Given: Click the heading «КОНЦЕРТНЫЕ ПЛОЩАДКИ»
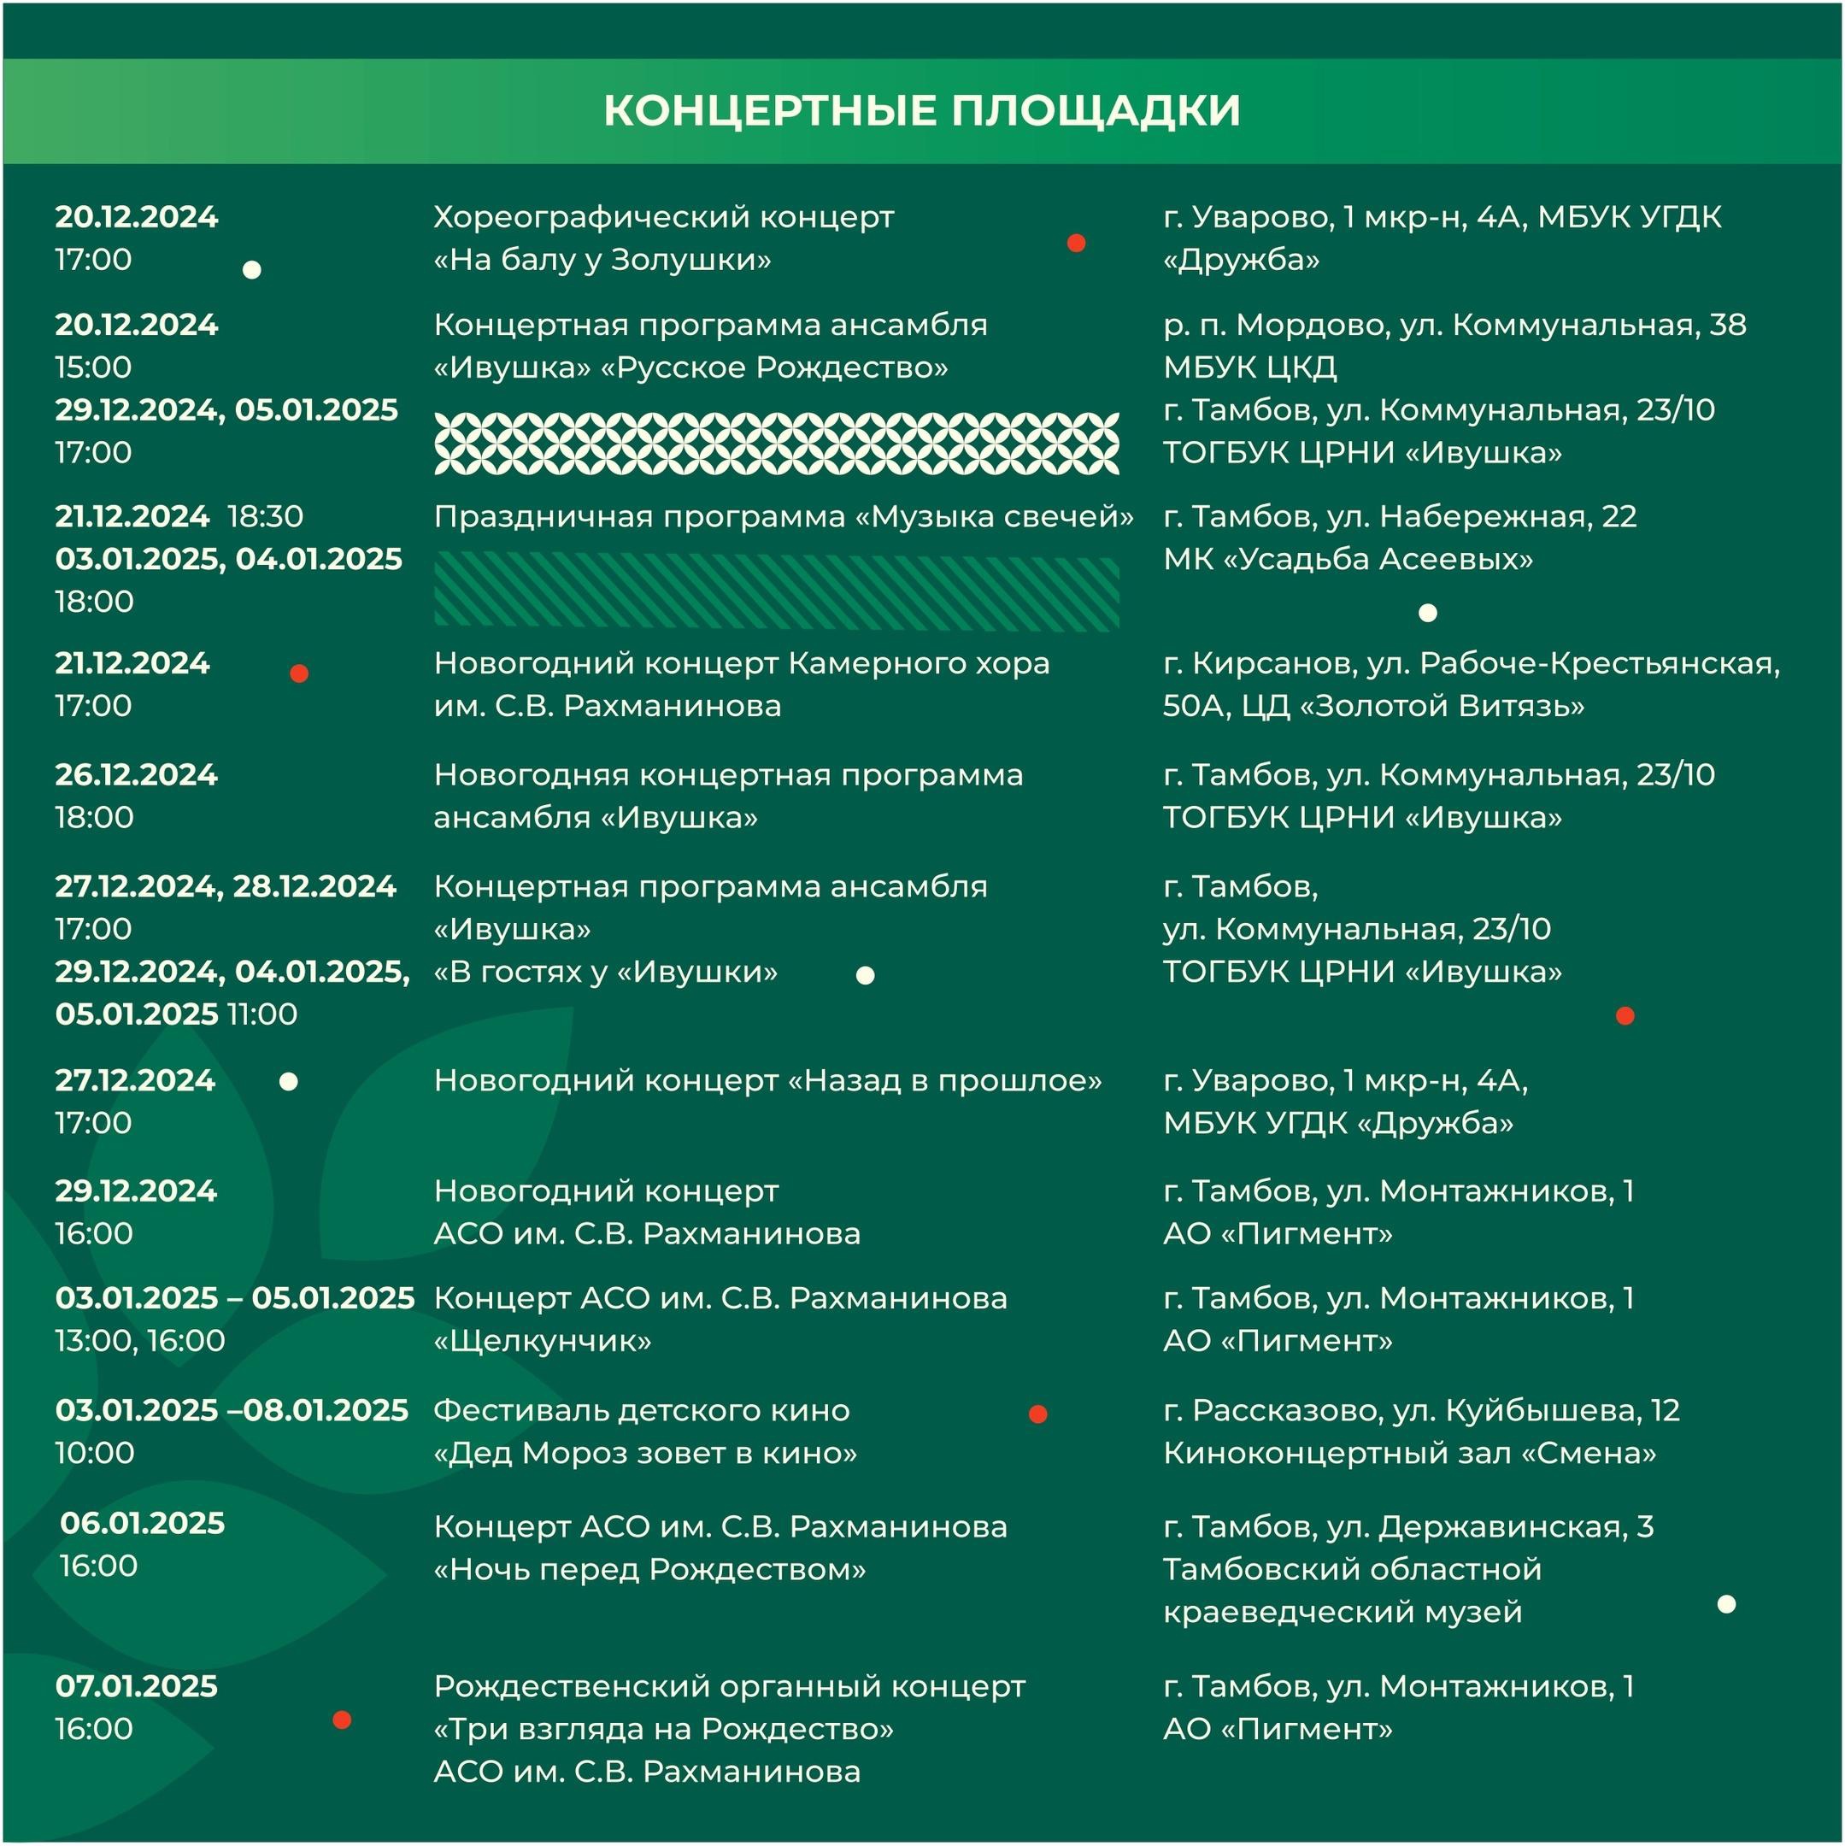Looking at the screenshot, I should pyautogui.click(x=921, y=111).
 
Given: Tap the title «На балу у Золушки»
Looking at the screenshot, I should pyautogui.click(x=602, y=260).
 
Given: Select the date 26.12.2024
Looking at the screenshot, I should pyautogui.click(x=137, y=774).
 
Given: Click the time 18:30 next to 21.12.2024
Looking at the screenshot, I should pyautogui.click(x=266, y=517).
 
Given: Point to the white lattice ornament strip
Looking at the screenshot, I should pyautogui.click(x=776, y=444).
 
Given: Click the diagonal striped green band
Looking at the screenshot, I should pyautogui.click(x=776, y=593).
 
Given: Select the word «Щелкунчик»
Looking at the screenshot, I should pyautogui.click(x=543, y=1341).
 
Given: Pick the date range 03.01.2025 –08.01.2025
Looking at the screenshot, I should pyautogui.click(x=232, y=1410).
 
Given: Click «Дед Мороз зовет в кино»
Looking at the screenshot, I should pyautogui.click(x=645, y=1453).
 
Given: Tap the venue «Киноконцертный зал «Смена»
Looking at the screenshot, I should pyautogui.click(x=1409, y=1453).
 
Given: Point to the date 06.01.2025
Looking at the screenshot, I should pyautogui.click(x=143, y=1523).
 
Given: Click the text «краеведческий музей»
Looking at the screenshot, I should pyautogui.click(x=1343, y=1612).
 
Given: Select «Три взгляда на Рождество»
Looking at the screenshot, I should pyautogui.click(x=664, y=1730).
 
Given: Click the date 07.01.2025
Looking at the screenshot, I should pyautogui.click(x=137, y=1686).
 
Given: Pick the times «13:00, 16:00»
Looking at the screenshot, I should pyautogui.click(x=140, y=1341).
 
